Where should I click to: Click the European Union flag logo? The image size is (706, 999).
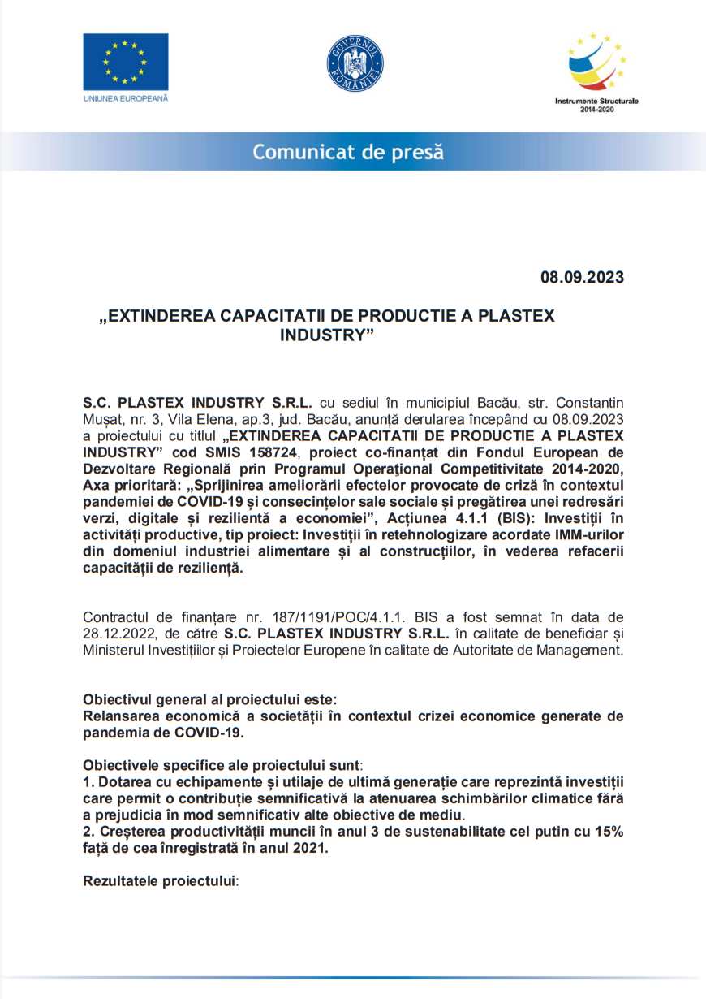pos(125,62)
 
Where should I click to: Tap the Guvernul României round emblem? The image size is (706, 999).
pos(355,63)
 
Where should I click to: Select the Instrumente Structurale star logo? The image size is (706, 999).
pos(596,64)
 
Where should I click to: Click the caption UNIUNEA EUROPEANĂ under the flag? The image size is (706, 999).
pos(125,98)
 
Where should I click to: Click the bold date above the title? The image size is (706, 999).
pos(582,277)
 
